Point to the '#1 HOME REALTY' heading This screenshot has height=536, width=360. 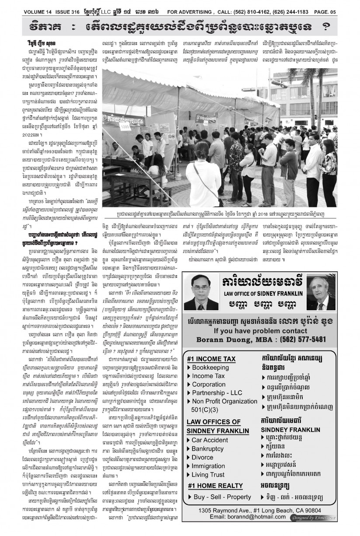[215, 485]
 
